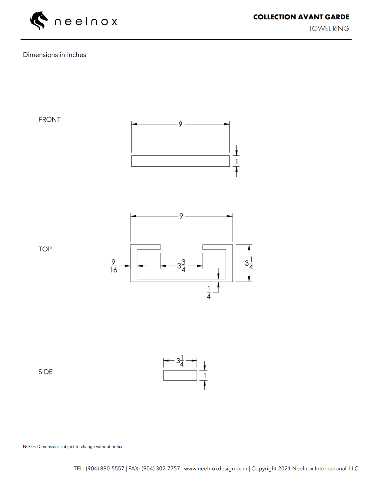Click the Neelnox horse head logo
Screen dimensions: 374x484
[x=39, y=21]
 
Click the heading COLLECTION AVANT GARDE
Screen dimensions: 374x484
[x=301, y=17]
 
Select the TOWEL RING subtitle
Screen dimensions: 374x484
[x=329, y=28]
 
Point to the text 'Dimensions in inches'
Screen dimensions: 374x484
[x=54, y=55]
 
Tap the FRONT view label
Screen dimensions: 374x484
[x=49, y=120]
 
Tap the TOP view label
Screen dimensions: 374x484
[x=45, y=249]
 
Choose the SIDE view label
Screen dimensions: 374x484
[x=46, y=372]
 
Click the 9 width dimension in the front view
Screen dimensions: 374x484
[x=180, y=124]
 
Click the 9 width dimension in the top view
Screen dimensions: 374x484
[x=181, y=216]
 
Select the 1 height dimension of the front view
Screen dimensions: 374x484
[x=237, y=161]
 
